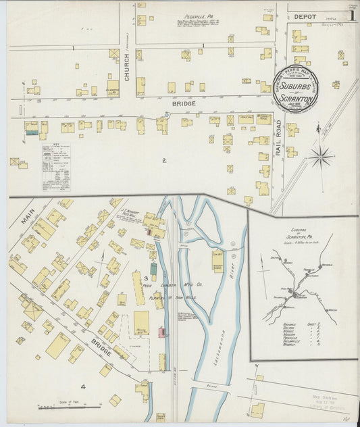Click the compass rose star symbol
322,157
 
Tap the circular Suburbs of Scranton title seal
296,89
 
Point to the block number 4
83,386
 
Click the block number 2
163,160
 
